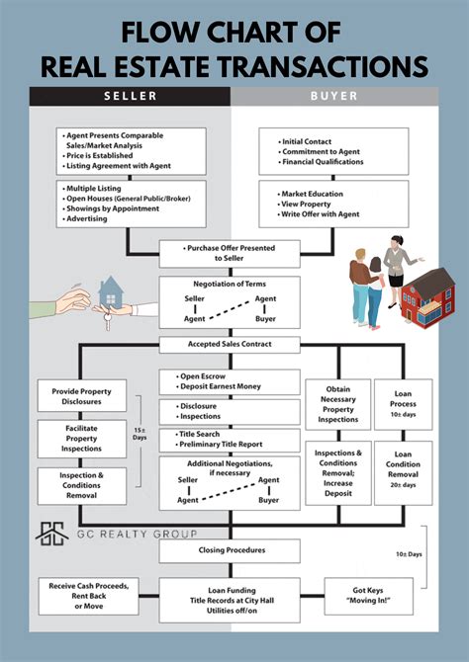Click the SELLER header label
[x=130, y=96]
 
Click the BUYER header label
[x=335, y=96]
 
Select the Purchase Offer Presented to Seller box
[x=230, y=254]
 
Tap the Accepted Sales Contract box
[x=230, y=345]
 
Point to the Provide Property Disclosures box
[x=82, y=397]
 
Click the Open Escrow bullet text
[x=207, y=375]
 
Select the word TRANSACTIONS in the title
[x=316, y=66]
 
